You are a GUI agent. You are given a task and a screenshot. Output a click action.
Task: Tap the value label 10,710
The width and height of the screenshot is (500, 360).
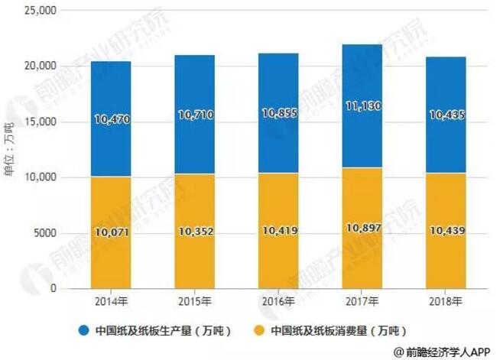(194, 115)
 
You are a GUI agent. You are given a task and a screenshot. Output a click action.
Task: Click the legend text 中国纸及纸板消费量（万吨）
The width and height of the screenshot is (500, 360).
(333, 330)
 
